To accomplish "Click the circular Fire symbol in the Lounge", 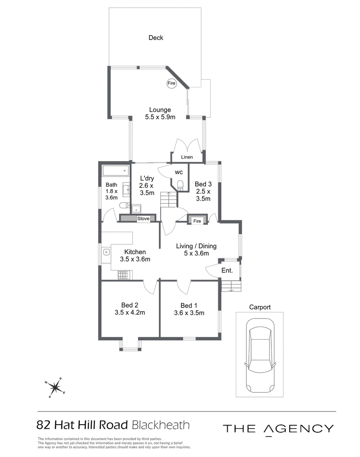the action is [171, 83].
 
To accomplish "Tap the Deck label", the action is [156, 38].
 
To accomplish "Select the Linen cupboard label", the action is [187, 157].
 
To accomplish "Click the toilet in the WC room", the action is [180, 185].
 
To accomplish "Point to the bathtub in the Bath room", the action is [116, 171].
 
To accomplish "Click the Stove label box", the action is [144, 219].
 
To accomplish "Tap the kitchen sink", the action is [106, 252].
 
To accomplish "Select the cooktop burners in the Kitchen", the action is [123, 275].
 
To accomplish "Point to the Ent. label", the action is [227, 270].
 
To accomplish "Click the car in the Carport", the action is [260, 356].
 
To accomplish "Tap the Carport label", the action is [260, 307].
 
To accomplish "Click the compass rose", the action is [54, 388].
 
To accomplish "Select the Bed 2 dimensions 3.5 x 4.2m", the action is [130, 313].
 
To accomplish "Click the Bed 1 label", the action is [189, 305].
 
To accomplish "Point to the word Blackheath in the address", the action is [161, 425].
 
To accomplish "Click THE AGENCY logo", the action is [278, 429].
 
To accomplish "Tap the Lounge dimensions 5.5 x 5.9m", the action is [160, 117].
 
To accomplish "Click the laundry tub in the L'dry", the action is [136, 209].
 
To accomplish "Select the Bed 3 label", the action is [203, 184].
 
